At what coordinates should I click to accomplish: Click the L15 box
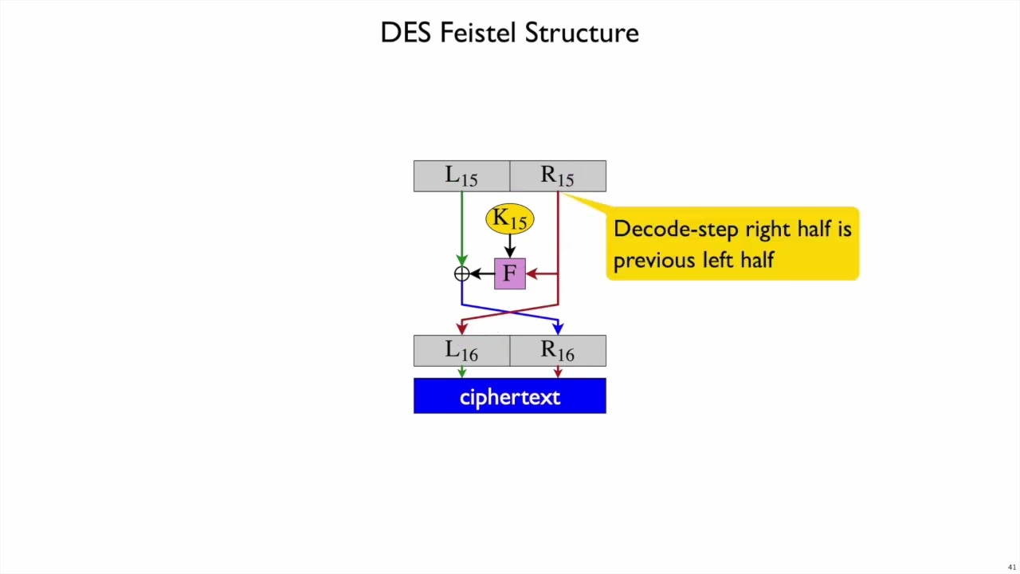point(461,176)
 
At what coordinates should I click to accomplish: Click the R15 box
point(558,176)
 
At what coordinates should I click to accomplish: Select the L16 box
point(461,351)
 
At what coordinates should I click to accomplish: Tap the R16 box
point(558,351)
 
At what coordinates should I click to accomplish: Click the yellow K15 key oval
point(510,218)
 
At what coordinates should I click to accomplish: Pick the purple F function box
point(510,273)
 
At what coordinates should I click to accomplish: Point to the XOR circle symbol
point(461,274)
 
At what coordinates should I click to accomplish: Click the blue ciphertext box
point(510,396)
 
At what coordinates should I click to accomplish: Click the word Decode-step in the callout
point(665,230)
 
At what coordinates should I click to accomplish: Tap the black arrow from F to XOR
point(481,273)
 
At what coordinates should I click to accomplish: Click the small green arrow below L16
point(461,372)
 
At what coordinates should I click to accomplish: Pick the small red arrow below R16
point(558,372)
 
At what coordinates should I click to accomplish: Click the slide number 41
point(1012,568)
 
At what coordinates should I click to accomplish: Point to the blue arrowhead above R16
point(558,328)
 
